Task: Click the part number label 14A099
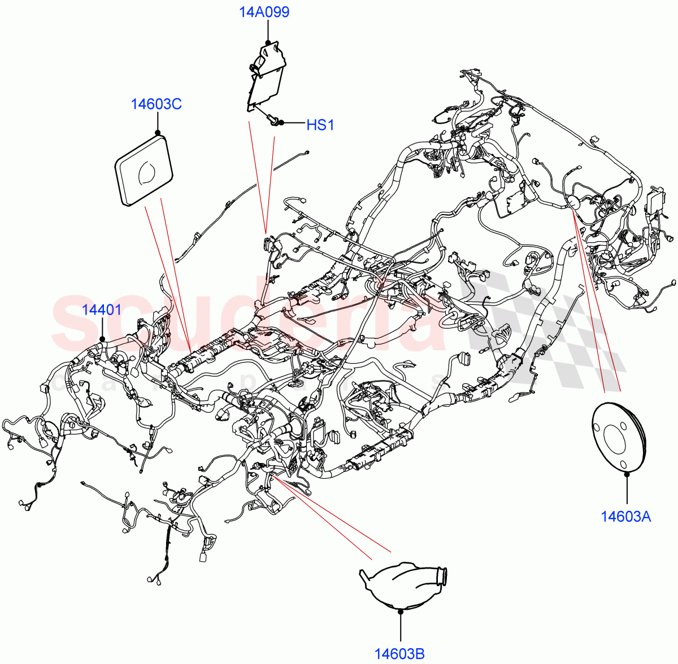(x=264, y=12)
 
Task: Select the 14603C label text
(x=156, y=104)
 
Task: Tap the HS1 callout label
(x=320, y=125)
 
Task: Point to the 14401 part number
(x=102, y=309)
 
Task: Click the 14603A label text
(x=625, y=516)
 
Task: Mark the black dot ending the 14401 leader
(x=102, y=339)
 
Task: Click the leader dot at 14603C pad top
(x=158, y=133)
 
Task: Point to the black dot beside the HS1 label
(x=281, y=123)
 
